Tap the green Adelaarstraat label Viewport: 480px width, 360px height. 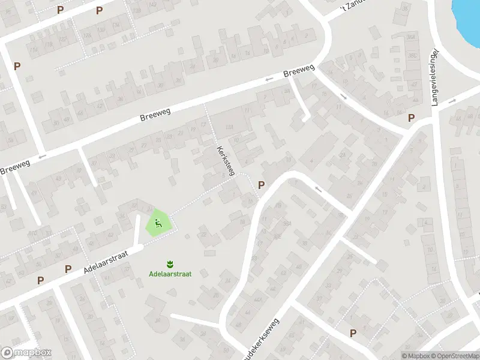pos(170,274)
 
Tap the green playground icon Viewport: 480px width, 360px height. pos(158,224)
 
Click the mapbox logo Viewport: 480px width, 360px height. pos(26,353)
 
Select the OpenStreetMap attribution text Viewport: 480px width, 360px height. pos(454,356)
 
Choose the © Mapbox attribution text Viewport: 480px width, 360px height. pos(414,356)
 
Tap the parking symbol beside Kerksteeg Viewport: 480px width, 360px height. pos(261,185)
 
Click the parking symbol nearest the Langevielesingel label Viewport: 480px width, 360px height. pos(411,118)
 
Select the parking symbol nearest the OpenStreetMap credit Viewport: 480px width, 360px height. pos(353,333)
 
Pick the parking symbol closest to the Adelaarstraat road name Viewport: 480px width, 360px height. pos(68,269)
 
